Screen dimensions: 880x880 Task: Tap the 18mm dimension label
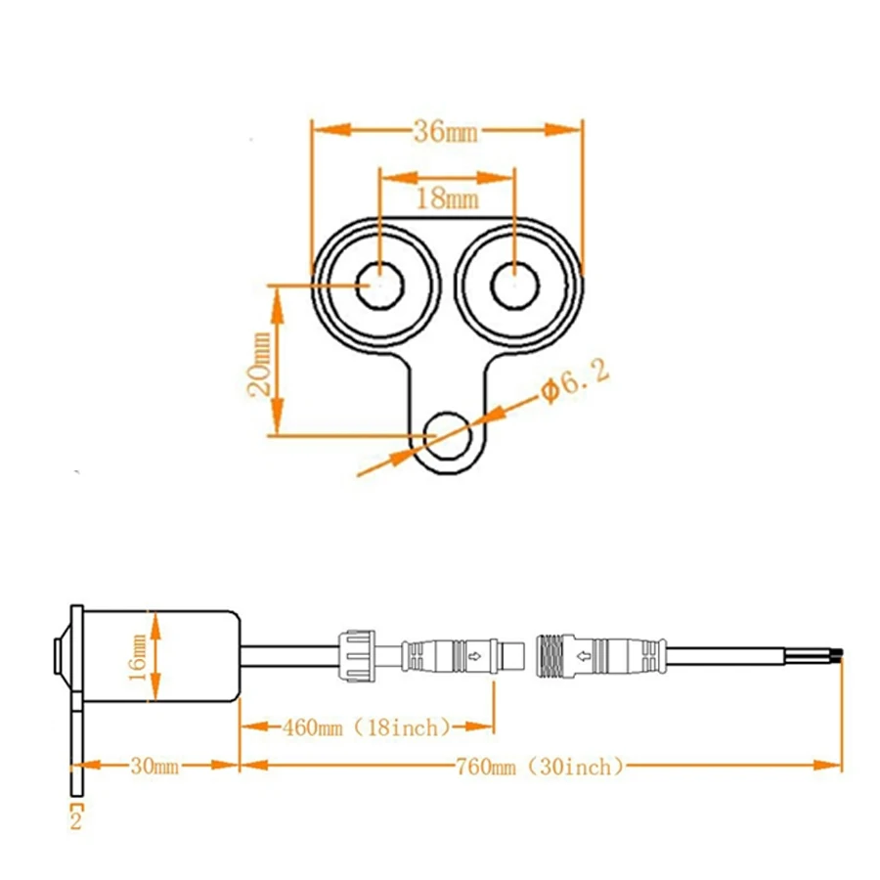click(446, 198)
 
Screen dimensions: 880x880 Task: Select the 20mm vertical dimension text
click(259, 361)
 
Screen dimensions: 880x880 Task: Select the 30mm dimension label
click(154, 767)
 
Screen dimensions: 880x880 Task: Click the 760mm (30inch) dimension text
click(539, 767)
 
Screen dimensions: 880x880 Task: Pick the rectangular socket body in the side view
click(161, 653)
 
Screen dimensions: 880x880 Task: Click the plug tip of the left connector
click(509, 654)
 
